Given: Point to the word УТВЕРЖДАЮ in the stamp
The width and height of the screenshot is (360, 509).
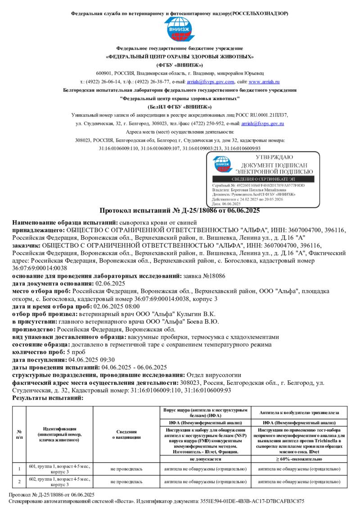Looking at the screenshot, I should point(274,157).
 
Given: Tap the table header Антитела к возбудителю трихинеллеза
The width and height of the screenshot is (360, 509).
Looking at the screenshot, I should point(298,412).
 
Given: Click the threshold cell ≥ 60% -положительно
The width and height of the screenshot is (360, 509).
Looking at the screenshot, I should point(298,459).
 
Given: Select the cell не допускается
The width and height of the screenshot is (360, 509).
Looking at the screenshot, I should point(205,459).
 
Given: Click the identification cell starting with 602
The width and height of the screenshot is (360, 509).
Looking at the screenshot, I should point(59,482).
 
